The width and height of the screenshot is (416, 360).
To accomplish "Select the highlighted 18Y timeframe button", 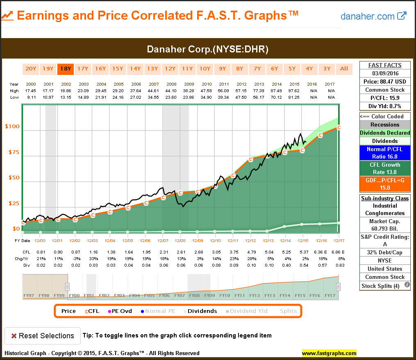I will [66, 69].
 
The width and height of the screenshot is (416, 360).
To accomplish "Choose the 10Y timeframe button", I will [205, 69].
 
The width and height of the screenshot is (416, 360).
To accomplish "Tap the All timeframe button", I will [344, 69].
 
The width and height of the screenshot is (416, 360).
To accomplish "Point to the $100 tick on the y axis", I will [12, 127].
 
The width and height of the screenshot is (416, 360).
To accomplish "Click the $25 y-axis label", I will [14, 204].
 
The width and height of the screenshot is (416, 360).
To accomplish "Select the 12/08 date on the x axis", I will [180, 240].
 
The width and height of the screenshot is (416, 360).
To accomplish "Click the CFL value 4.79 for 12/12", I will [250, 252].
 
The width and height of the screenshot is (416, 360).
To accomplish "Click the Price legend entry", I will [68, 311].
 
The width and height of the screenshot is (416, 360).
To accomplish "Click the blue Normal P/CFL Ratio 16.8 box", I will [385, 153].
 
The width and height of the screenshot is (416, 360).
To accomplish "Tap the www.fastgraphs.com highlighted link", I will [329, 353].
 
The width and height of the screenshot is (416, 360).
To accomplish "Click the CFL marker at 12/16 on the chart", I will [321, 135].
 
